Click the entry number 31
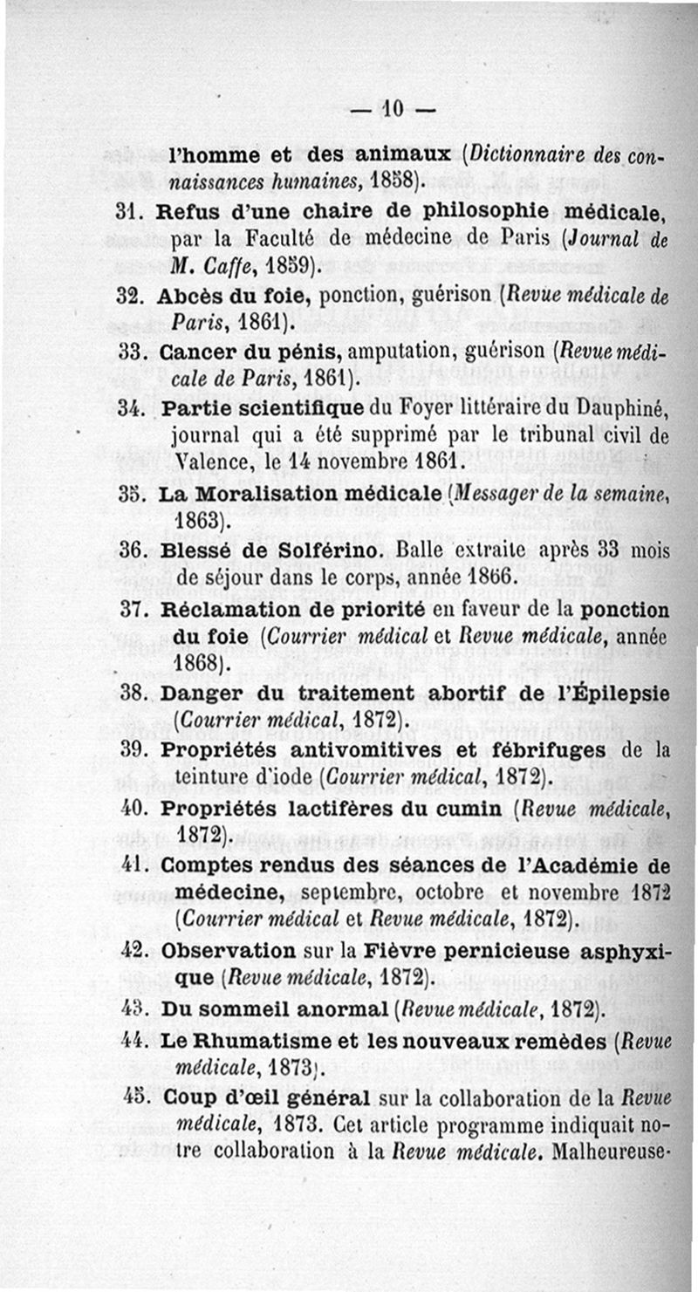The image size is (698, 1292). (x=127, y=212)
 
